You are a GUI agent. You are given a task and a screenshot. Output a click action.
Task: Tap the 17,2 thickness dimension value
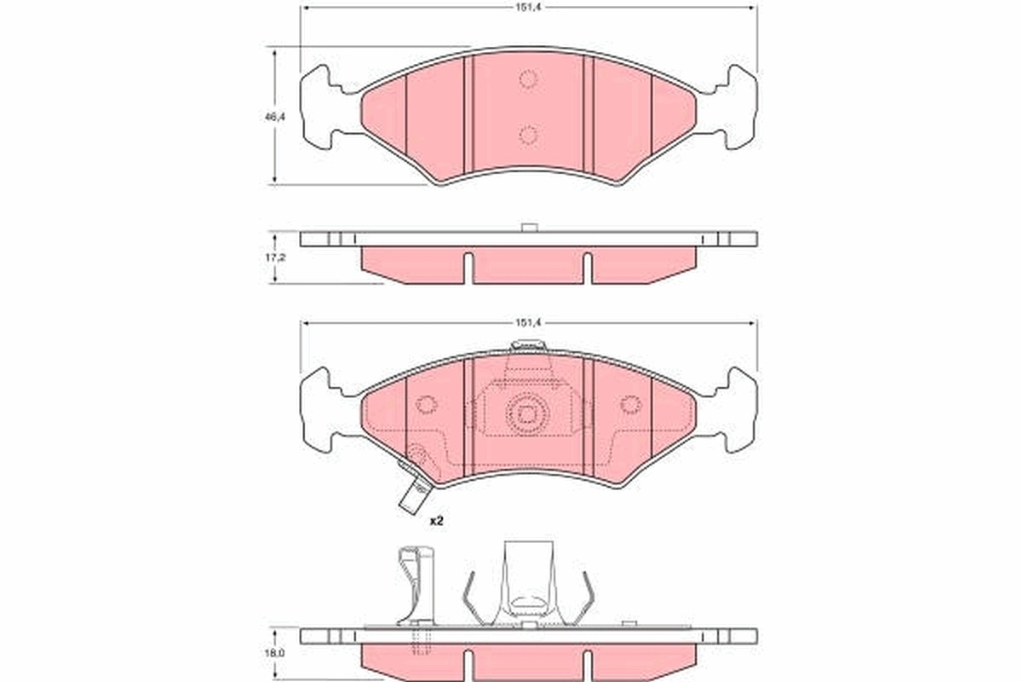(274, 256)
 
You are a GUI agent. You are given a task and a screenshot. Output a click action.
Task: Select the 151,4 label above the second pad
(529, 323)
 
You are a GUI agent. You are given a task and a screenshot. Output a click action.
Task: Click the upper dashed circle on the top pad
(528, 79)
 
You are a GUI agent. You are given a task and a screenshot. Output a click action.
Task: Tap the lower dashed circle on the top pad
(528, 135)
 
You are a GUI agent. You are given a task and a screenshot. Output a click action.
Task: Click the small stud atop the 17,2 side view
(528, 227)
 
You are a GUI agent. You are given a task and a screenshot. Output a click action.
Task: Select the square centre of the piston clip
(528, 415)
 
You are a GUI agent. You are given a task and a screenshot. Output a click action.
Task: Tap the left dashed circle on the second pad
(426, 406)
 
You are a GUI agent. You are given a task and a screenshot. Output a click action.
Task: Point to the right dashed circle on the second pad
(630, 406)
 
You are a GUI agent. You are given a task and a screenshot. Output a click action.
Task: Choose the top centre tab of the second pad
(528, 346)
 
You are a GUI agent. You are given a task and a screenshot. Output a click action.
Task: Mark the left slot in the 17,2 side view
(468, 266)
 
